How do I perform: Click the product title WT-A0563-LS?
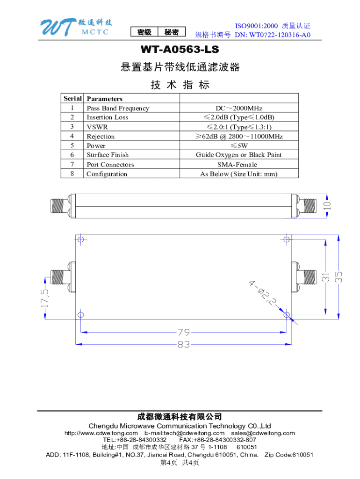click(180, 50)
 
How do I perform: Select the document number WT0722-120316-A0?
click(273, 35)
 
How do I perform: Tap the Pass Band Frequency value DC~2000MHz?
click(239, 108)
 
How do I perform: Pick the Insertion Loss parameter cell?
click(107, 117)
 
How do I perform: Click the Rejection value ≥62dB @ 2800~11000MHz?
click(239, 136)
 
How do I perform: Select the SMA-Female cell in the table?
click(239, 164)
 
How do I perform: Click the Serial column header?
click(72, 99)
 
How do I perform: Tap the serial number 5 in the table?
click(72, 145)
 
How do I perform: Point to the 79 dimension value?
click(183, 333)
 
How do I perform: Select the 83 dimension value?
click(183, 345)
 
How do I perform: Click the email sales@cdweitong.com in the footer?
click(263, 433)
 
